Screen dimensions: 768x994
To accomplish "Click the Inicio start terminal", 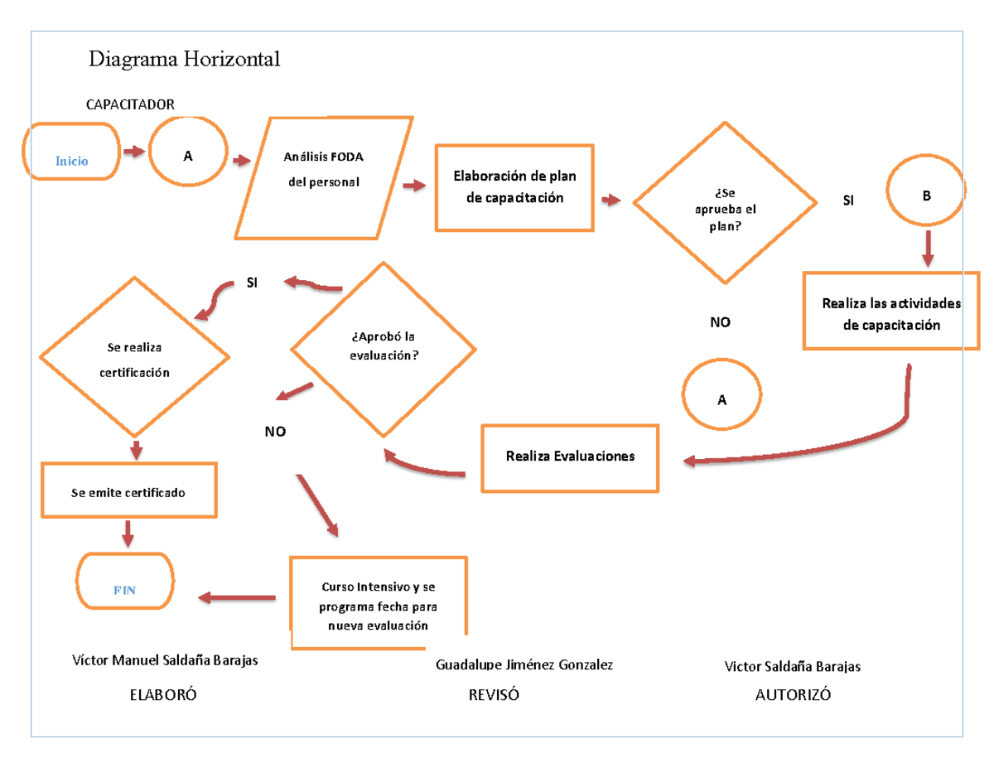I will (71, 152).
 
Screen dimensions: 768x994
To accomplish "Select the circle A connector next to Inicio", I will (188, 156).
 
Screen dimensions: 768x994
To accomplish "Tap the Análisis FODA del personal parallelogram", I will (324, 176).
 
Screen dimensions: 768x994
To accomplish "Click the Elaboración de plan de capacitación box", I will (514, 187).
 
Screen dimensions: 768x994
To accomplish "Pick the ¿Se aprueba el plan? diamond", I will (724, 204).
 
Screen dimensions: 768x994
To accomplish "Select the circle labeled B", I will (926, 190).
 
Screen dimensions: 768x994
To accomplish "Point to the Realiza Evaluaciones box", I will (571, 457).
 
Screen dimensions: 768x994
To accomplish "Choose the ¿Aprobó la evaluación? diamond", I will (384, 349).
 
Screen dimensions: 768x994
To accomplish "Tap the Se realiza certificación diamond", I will (135, 358).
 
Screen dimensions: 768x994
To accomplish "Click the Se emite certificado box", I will (129, 491).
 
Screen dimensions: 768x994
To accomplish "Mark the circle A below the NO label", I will (721, 396).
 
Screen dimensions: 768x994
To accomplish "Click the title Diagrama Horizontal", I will (185, 60).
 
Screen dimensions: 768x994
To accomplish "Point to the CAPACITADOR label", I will (131, 104).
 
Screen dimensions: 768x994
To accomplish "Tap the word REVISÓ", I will (494, 695).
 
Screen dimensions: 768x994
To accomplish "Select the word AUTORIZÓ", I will (793, 695).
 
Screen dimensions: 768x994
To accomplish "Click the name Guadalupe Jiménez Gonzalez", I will (524, 665).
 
